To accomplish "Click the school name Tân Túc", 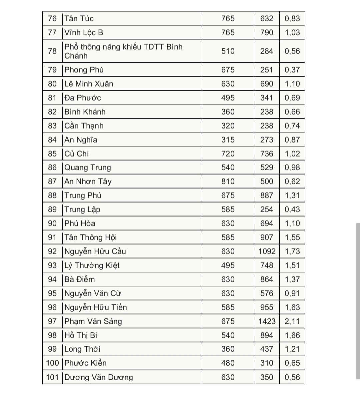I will tap(79, 19).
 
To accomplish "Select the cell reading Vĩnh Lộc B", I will tap(84, 33).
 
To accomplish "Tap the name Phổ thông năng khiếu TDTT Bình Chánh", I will tap(123, 51).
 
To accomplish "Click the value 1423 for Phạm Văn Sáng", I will tap(267, 321).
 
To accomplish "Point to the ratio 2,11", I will tap(292, 321).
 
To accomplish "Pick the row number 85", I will tap(52, 154).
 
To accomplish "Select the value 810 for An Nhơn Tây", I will tap(228, 182).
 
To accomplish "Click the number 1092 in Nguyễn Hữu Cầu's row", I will tap(267, 251).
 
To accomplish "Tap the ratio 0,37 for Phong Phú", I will tap(292, 70).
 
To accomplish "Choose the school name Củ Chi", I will tap(77, 154).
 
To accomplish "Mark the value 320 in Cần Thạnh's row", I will tap(228, 126).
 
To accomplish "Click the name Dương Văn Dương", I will tap(98, 377).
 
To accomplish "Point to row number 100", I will tap(52, 363).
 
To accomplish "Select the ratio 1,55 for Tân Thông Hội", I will tap(292, 237).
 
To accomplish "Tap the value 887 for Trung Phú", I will tap(267, 196).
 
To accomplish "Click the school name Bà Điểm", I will tap(79, 279).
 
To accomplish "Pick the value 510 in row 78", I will tap(228, 51).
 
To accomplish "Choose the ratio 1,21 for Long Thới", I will tap(292, 349).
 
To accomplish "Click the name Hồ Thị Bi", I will tap(81, 335).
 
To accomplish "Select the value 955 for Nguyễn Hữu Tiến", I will tap(267, 307).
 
